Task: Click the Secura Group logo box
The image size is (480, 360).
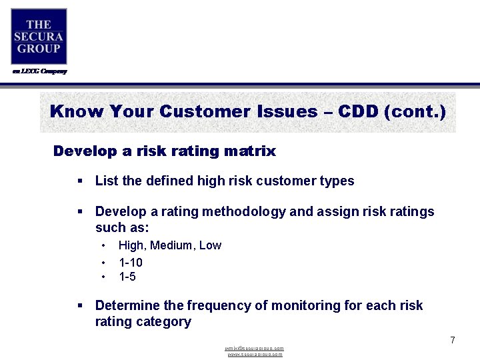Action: tap(39, 36)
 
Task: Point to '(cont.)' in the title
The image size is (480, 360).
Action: tap(415, 111)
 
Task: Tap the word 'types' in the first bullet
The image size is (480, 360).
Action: tap(337, 181)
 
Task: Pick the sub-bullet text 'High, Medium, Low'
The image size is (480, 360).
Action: tap(170, 245)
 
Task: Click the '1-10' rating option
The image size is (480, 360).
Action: tap(131, 263)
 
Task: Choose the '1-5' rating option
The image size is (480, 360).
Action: tap(127, 277)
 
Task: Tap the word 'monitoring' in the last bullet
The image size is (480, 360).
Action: tap(303, 306)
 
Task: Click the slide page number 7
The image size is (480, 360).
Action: tap(452, 340)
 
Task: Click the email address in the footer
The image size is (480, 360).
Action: tap(255, 348)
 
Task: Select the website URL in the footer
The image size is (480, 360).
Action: tap(255, 354)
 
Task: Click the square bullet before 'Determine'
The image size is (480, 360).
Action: tap(79, 306)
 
